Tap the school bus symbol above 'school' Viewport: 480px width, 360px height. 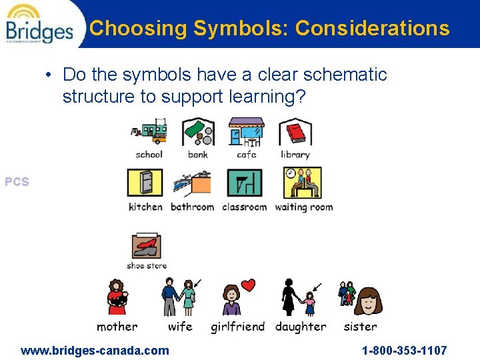point(149,132)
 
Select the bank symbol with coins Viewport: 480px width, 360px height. point(198,132)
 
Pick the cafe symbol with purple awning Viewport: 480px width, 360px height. point(246,132)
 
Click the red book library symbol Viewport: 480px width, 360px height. point(294,132)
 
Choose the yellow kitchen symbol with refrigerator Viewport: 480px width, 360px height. point(145,182)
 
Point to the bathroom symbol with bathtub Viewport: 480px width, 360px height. point(192,183)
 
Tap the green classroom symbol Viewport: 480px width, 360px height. point(244,183)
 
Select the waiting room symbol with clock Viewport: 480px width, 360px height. point(303,182)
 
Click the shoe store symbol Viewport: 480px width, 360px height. point(147,246)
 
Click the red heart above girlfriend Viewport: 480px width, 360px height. point(248,286)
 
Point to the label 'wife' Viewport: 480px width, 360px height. point(180,327)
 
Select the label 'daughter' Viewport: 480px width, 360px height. point(301,327)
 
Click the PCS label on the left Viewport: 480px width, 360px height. point(17,181)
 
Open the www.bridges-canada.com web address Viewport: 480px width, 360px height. point(95,350)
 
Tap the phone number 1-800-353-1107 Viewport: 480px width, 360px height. point(404,350)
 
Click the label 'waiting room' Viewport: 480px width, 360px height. point(303,207)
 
